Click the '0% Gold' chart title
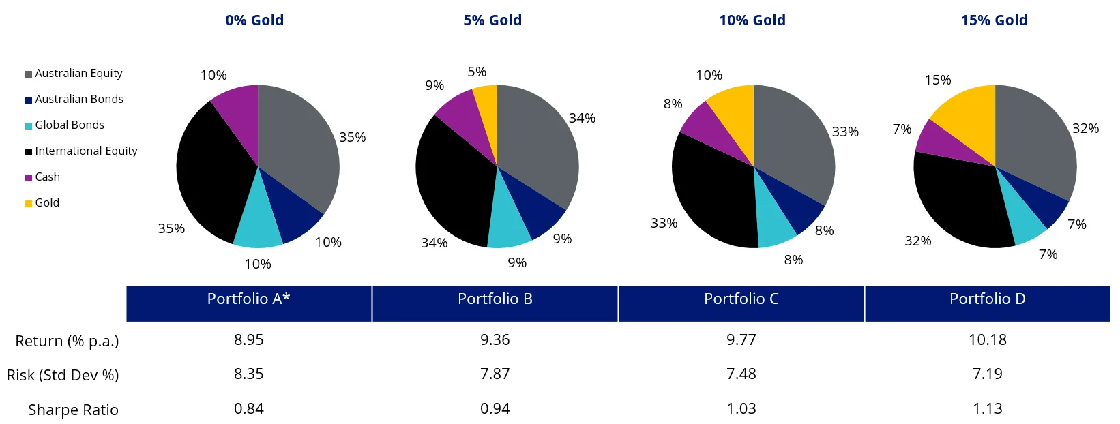[x=254, y=20]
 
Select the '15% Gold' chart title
[x=994, y=20]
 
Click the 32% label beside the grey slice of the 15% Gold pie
[x=1085, y=128]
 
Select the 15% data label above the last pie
[x=937, y=80]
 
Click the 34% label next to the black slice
[x=434, y=243]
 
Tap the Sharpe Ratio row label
[x=73, y=410]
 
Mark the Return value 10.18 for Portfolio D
[x=987, y=339]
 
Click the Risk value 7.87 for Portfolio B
[x=495, y=374]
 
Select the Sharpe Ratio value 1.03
[x=741, y=408]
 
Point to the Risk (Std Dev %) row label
[x=63, y=375]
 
